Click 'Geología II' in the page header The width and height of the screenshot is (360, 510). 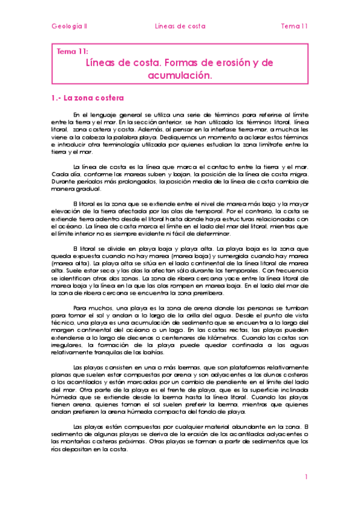[69, 26]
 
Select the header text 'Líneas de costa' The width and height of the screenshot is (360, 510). [180, 26]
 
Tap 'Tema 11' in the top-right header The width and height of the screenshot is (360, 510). [294, 26]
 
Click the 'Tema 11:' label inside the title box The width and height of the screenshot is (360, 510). [72, 52]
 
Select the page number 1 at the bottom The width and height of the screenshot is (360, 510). [306, 477]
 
